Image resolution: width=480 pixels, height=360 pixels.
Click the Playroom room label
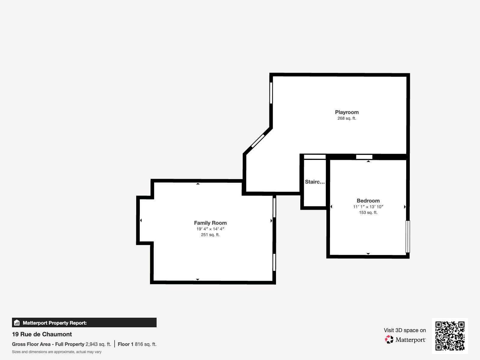pos(347,112)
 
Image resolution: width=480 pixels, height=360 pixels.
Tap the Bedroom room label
pos(368,201)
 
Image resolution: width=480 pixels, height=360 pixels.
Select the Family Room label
pos(210,223)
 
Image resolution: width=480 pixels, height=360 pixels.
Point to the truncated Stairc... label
pos(315,181)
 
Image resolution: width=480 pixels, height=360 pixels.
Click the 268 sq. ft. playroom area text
pos(347,118)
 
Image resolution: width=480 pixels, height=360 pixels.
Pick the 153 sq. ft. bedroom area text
pos(368,212)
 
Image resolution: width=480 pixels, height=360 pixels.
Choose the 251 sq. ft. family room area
pos(210,235)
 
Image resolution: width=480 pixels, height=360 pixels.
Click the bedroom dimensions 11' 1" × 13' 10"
pos(368,207)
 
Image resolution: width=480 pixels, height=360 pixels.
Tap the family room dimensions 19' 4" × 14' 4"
pos(210,229)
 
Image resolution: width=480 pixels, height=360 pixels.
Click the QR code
pos(450,336)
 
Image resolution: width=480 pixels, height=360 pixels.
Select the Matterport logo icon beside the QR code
pos(389,340)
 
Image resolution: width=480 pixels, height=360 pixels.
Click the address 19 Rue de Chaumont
pos(42,334)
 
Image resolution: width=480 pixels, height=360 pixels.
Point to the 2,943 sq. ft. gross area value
pos(98,344)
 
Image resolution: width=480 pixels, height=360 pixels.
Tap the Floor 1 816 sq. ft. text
pos(137,344)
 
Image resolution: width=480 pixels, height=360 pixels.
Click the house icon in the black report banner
pos(17,322)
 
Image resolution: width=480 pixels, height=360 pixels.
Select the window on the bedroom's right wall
pos(408,237)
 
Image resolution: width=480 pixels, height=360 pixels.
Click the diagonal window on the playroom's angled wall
pos(258,141)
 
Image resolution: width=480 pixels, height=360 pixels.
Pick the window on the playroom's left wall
pos(271,93)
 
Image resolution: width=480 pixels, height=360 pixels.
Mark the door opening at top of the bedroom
pos(364,157)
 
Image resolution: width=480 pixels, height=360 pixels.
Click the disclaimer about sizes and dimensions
pos(57,352)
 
